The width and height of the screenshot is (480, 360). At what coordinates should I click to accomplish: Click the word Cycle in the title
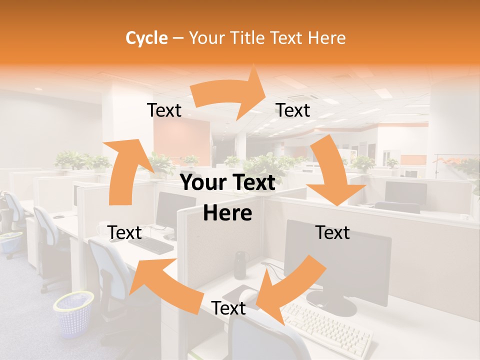click(x=146, y=38)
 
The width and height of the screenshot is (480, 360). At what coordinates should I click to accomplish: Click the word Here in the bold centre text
click(x=227, y=213)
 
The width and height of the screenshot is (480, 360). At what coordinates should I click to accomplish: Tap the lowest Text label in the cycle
click(x=228, y=308)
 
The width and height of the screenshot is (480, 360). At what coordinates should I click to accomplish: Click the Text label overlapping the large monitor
click(x=332, y=233)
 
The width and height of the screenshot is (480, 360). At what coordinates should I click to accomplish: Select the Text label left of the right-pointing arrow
click(x=164, y=110)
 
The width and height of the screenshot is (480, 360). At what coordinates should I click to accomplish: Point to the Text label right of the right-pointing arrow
click(x=293, y=110)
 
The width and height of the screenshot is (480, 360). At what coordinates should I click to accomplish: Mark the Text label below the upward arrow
click(x=124, y=233)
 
